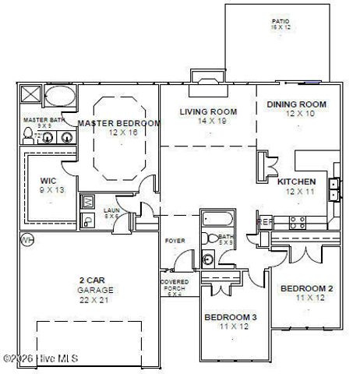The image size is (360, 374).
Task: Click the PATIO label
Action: [x=281, y=22]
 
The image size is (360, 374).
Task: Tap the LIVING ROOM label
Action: [x=208, y=111]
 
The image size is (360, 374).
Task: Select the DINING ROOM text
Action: [x=296, y=104]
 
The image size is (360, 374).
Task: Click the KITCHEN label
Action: [x=297, y=181]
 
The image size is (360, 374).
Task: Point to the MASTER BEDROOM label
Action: [x=119, y=123]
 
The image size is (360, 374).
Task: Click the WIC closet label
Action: [x=48, y=180]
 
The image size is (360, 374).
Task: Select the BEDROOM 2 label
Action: [x=306, y=288]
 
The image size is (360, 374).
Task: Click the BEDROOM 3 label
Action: [x=230, y=317]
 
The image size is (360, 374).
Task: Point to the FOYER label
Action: [x=175, y=241]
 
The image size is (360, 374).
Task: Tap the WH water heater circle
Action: [x=27, y=238]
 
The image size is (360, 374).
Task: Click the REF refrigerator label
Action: [x=266, y=221]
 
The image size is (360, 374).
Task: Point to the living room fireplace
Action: [x=208, y=79]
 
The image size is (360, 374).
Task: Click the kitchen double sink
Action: [x=334, y=189]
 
